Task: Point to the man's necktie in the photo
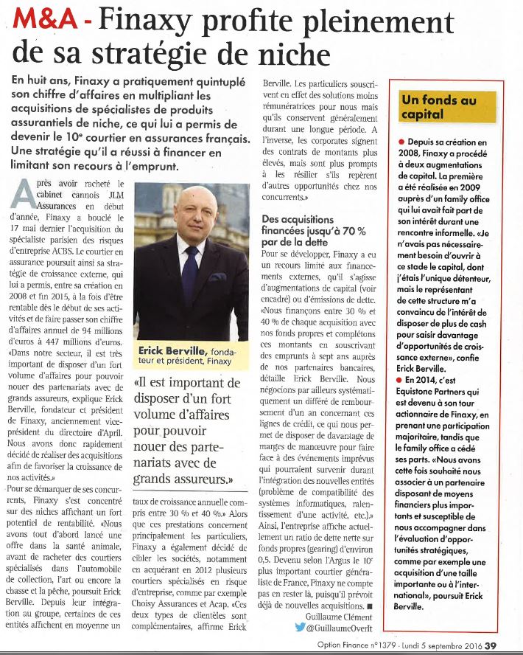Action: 190,273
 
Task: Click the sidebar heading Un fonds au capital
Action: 438,107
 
